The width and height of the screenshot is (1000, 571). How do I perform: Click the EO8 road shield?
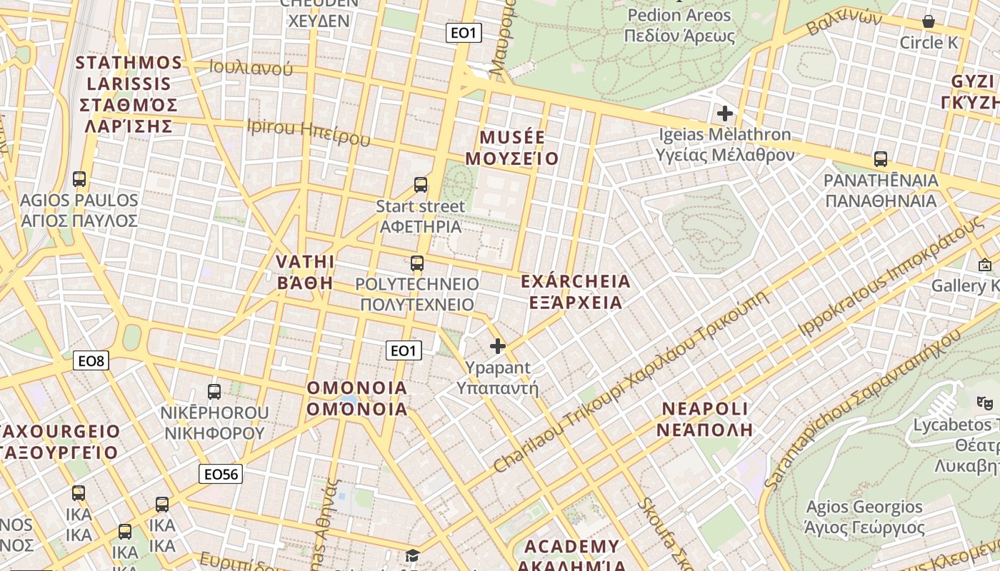(91, 361)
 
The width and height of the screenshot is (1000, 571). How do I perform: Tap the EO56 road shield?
(221, 474)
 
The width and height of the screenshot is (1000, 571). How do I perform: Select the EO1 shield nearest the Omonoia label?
(404, 350)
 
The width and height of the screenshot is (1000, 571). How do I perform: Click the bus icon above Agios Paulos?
(79, 179)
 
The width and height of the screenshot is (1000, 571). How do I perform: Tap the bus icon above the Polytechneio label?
(417, 263)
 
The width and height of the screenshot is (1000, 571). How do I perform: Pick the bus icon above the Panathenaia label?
(881, 159)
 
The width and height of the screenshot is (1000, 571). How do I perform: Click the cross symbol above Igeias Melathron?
(725, 113)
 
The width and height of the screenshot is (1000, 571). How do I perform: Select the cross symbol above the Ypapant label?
(498, 347)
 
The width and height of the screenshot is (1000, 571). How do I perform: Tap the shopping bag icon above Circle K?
(929, 22)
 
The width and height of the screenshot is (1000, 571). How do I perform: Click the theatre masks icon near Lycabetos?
(985, 403)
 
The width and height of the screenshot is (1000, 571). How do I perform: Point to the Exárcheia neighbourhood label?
(576, 292)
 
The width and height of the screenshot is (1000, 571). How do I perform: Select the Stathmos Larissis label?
(129, 94)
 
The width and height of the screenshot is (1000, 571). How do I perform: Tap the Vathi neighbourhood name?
(305, 271)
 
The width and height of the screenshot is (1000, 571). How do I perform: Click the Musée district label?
(511, 148)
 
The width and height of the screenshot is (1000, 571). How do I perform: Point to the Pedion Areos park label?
(679, 26)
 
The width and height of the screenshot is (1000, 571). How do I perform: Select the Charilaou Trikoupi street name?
(631, 380)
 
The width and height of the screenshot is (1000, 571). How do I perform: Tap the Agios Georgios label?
(864, 517)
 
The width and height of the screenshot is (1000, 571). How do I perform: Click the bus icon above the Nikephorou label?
(214, 391)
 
